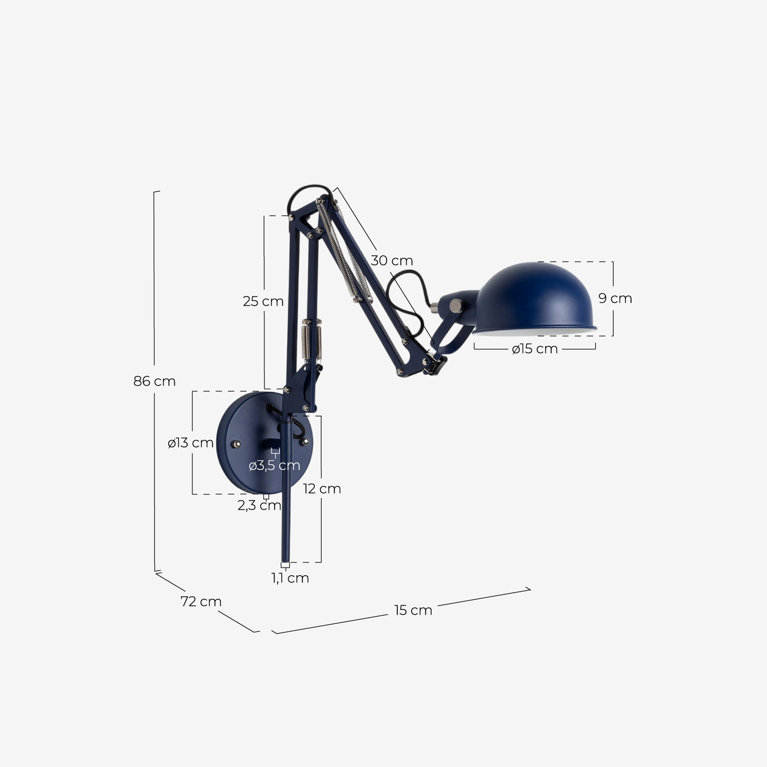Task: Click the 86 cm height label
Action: click(154, 381)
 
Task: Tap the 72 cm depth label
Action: click(201, 602)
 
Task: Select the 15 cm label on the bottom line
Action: click(413, 611)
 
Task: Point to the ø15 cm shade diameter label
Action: click(534, 349)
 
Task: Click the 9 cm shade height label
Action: click(615, 299)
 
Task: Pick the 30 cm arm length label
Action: click(392, 261)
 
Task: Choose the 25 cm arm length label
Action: click(263, 302)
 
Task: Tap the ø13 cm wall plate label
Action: click(191, 443)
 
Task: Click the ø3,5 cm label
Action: click(274, 466)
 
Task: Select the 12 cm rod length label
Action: click(322, 489)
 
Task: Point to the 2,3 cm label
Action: click(259, 506)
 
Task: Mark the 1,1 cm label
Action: click(290, 578)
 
